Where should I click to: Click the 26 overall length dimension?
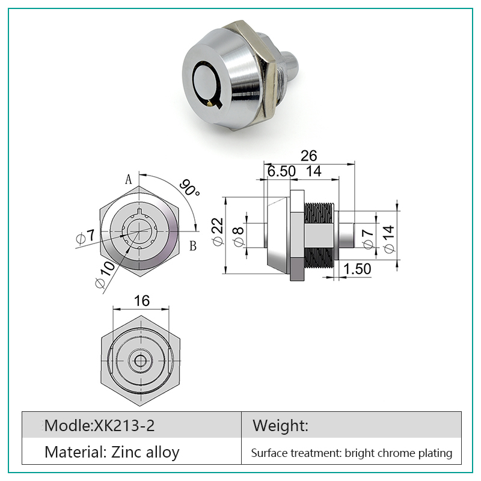(x=308, y=156)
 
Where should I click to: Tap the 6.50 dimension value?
(x=281, y=171)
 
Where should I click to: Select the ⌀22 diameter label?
(x=218, y=231)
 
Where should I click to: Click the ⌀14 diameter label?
(x=389, y=239)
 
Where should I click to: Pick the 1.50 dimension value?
(x=357, y=269)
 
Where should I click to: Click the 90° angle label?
(x=189, y=188)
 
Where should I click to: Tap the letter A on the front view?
(x=129, y=179)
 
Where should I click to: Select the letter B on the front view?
(x=192, y=246)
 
